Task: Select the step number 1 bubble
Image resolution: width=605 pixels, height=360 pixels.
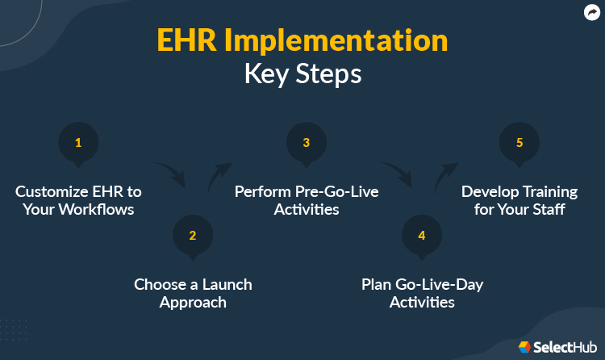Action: (78, 144)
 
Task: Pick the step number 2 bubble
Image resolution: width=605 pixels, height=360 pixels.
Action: (193, 236)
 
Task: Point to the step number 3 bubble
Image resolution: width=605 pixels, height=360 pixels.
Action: (307, 144)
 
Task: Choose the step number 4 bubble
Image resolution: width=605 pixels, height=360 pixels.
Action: (421, 236)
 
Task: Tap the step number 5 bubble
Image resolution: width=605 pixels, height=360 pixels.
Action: (520, 144)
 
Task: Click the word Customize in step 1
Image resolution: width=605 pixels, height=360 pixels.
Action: (52, 192)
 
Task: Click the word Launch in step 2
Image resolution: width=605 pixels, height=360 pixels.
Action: (227, 284)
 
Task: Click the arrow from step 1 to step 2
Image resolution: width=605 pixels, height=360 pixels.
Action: (171, 172)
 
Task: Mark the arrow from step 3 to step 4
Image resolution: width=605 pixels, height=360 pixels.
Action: (398, 172)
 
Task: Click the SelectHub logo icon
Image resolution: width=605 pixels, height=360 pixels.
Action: (525, 346)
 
